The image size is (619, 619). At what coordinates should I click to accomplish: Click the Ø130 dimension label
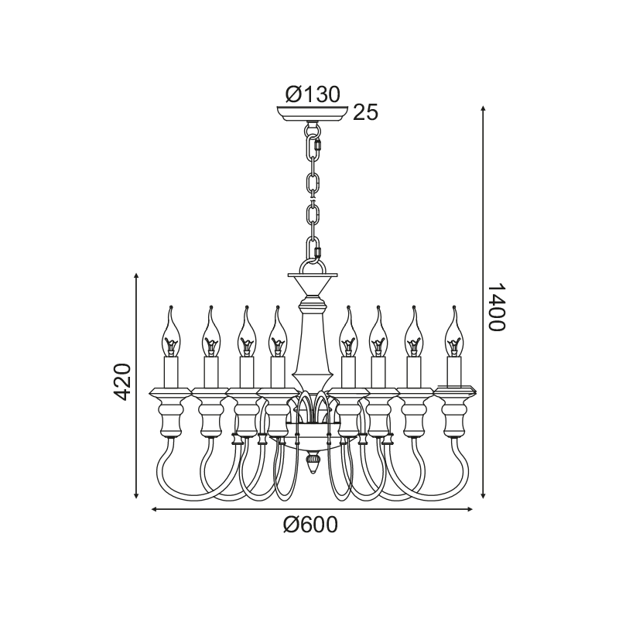(313, 94)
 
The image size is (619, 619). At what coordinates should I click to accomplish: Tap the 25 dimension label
(365, 112)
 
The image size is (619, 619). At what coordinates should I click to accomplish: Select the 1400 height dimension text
(496, 307)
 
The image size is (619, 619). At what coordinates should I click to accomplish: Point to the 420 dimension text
(121, 382)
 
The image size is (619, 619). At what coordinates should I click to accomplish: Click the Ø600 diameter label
(311, 525)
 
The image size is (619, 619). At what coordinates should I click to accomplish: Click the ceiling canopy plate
(313, 114)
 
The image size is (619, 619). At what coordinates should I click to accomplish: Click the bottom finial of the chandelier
(313, 463)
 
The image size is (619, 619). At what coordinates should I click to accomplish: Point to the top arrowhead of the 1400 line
(483, 108)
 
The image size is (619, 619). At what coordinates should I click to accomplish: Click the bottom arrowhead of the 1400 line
(483, 495)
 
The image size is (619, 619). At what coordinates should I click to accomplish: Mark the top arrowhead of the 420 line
(136, 275)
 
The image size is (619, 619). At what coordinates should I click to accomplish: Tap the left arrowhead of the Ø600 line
(155, 509)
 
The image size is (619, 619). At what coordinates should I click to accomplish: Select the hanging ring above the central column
(313, 266)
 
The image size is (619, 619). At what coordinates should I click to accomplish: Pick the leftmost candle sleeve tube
(170, 372)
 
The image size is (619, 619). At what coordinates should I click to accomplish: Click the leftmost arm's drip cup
(170, 392)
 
